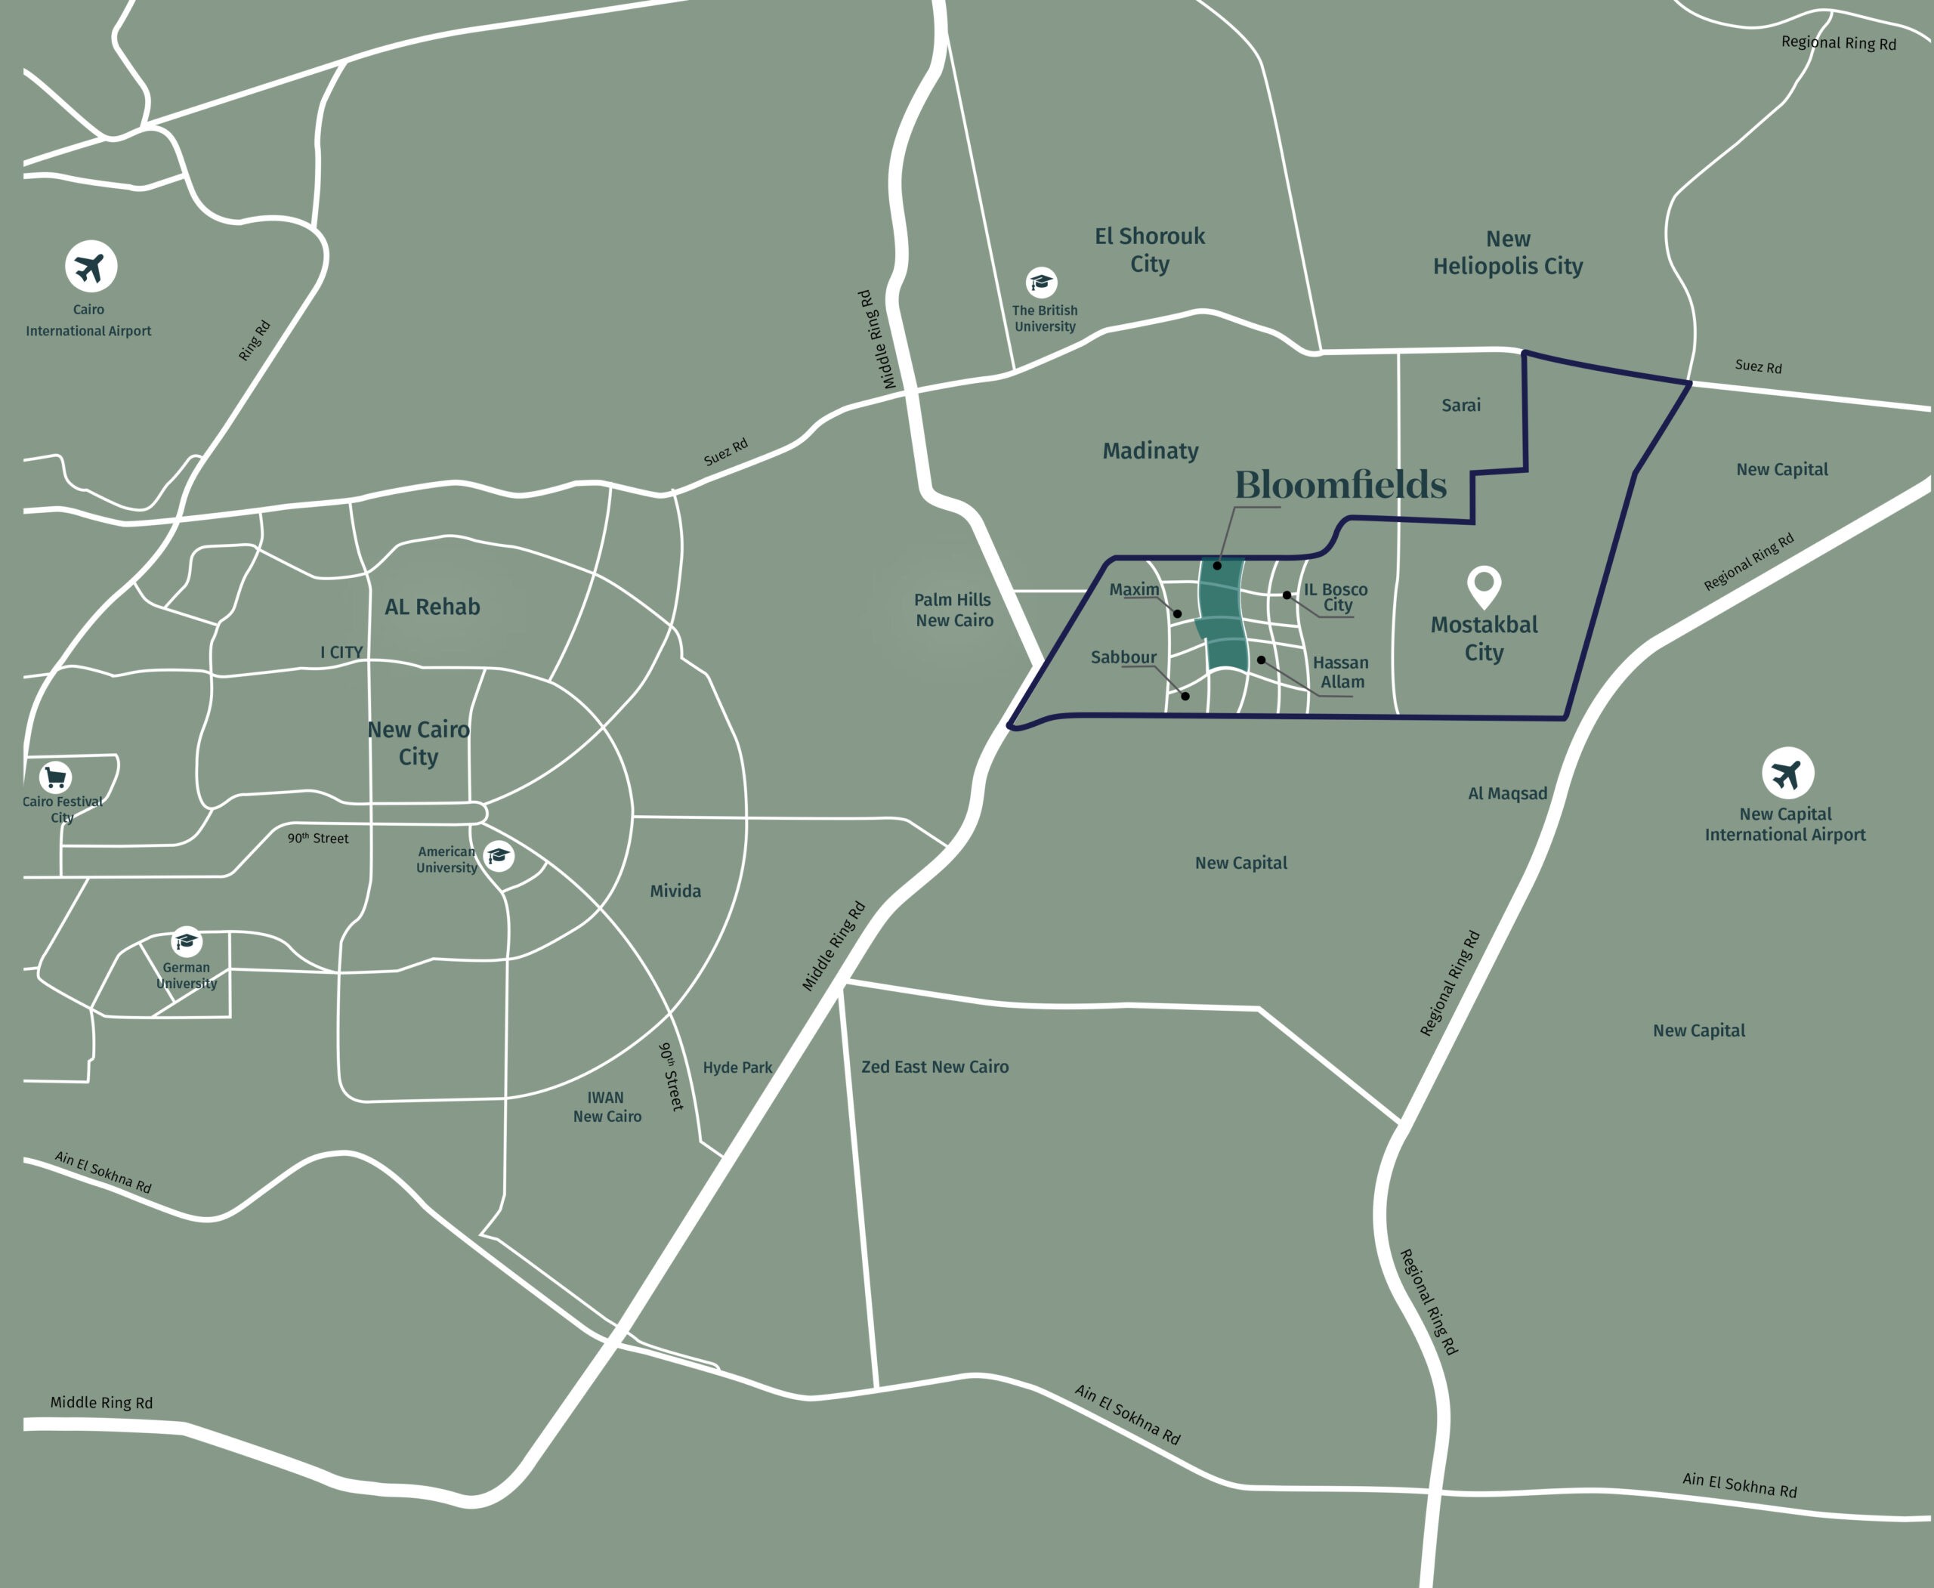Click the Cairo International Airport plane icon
click(91, 267)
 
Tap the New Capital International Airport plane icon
click(1787, 774)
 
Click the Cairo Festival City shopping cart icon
click(56, 777)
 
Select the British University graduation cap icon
click(1041, 282)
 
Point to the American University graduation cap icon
click(499, 856)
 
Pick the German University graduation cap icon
click(187, 941)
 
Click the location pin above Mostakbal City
click(1483, 585)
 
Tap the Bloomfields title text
click(1340, 485)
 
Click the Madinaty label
click(1150, 451)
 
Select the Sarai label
click(1460, 405)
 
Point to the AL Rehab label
click(432, 607)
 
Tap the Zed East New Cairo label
click(934, 1067)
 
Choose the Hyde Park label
click(737, 1067)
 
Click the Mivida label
click(675, 891)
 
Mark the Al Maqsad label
click(1508, 793)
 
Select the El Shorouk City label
click(1150, 250)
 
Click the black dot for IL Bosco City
click(1287, 595)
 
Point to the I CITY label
click(341, 652)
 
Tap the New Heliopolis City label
click(1508, 252)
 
